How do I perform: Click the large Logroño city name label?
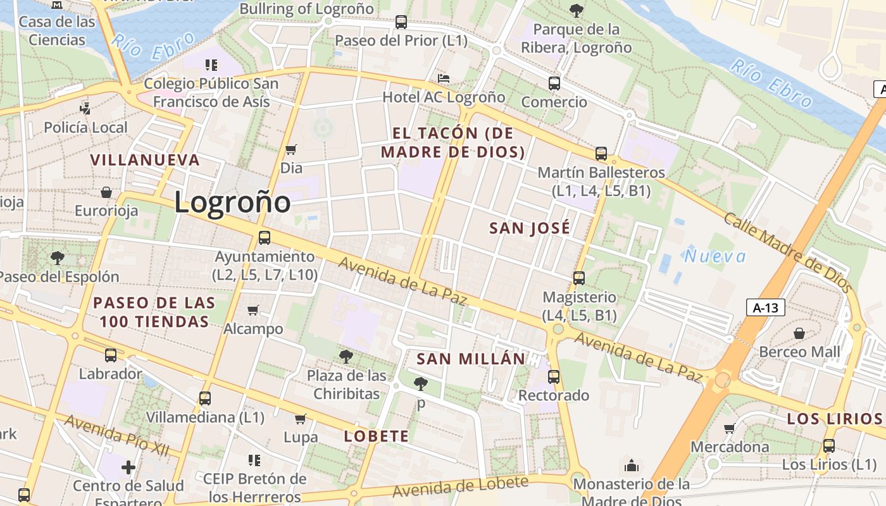(x=232, y=202)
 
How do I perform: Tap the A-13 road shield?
(x=765, y=308)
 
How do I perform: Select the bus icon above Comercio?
(x=554, y=83)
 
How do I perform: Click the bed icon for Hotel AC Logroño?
(x=444, y=78)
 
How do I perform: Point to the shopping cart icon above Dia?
(x=291, y=150)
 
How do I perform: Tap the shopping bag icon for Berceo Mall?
(x=799, y=333)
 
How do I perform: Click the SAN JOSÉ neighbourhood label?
(x=530, y=228)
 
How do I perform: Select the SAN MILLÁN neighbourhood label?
(x=471, y=359)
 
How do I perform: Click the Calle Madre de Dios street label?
(x=787, y=252)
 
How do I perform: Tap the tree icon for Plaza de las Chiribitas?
(x=346, y=357)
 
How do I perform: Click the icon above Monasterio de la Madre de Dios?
(x=631, y=466)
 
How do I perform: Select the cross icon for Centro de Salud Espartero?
(x=128, y=467)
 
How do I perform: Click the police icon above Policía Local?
(x=85, y=109)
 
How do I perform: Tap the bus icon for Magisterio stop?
(x=578, y=278)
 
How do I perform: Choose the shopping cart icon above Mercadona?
(x=730, y=428)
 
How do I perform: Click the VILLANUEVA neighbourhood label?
(x=145, y=160)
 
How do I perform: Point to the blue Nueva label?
(x=715, y=256)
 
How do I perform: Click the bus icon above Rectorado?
(x=554, y=377)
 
